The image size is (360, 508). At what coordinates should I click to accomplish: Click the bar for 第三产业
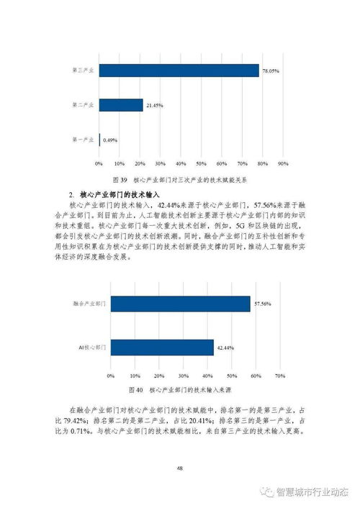pos(179,71)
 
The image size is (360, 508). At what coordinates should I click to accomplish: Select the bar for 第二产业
pos(121,105)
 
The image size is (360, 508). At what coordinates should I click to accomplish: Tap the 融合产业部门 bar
pos(180,304)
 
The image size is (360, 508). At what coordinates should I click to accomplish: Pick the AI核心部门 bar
pos(162,348)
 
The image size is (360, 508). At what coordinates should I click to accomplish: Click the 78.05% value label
pos(270,71)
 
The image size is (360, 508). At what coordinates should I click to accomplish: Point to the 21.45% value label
pos(154,106)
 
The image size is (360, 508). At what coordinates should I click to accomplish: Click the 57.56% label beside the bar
pos(262,305)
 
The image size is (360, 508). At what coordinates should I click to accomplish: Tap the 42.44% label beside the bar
pos(225,348)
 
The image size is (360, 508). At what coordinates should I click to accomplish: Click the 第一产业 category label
pos(84,140)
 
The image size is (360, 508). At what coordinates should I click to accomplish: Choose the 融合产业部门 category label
pos(89,304)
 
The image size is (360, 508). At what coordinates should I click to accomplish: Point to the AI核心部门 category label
pos(92,348)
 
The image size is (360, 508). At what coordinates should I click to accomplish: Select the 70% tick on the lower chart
pos(281,375)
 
